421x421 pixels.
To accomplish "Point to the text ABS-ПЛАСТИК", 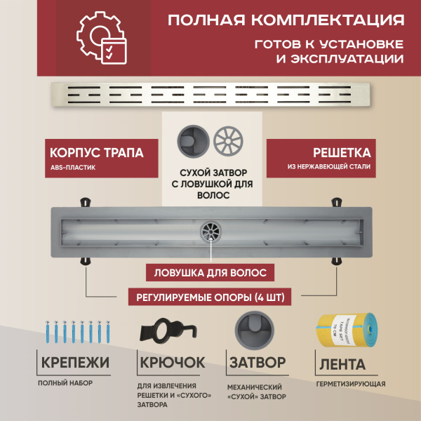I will coord(74,168).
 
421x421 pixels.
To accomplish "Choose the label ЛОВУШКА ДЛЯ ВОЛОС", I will coord(210,272).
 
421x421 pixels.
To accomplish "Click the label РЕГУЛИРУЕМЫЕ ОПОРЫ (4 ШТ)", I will coord(210,297).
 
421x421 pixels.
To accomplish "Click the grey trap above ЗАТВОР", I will coord(253,330).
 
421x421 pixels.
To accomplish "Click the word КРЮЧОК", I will coord(172,363).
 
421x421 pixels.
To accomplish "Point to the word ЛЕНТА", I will coord(342,364).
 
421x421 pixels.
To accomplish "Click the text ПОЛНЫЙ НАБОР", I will coord(65,383).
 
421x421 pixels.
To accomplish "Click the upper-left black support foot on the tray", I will coord(87,203).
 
